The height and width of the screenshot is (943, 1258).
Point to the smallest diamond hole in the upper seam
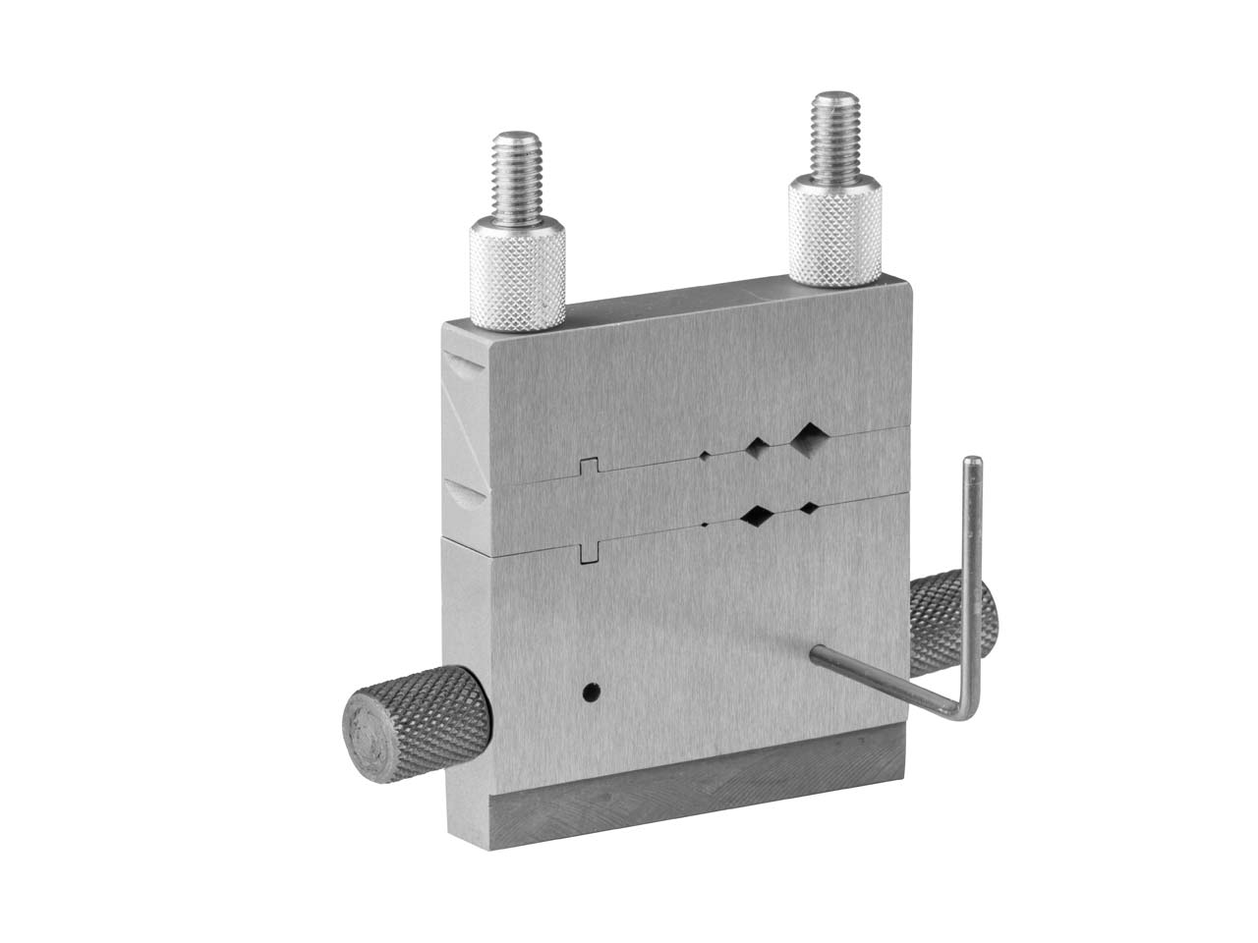click(706, 454)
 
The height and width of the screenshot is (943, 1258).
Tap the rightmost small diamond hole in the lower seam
click(809, 508)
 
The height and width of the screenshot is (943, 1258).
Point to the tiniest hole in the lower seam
click(705, 524)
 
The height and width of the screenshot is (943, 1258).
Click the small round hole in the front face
click(590, 693)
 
